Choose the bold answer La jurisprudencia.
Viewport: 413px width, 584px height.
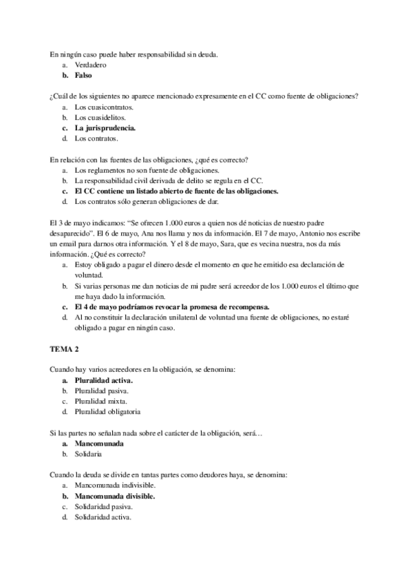coord(106,128)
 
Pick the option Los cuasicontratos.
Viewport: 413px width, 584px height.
coord(104,107)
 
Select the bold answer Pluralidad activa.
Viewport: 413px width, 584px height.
coord(104,381)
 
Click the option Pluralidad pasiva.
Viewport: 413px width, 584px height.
coord(102,391)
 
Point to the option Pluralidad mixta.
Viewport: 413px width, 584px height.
coord(100,401)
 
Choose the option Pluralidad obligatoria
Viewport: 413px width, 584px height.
coord(108,413)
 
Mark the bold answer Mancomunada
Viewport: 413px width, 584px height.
coord(100,444)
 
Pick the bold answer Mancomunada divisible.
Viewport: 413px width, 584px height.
coord(115,497)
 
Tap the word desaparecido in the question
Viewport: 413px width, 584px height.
coord(74,234)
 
